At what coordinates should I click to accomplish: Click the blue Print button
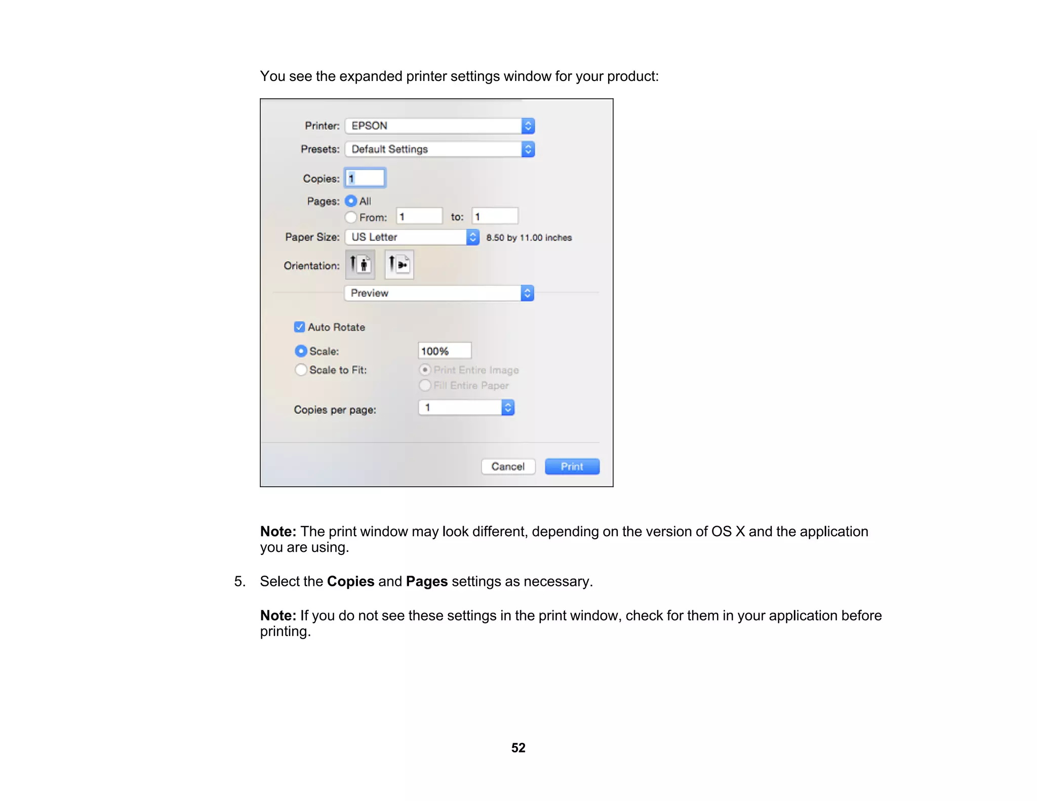(572, 466)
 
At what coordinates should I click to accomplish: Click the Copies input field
(365, 178)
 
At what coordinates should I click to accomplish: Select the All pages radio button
(351, 201)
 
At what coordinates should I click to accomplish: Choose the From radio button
(351, 217)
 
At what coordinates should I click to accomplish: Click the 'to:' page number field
(495, 216)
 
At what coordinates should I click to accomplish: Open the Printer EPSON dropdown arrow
(528, 126)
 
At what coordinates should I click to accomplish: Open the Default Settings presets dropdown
(440, 149)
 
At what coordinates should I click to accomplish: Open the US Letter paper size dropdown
(412, 237)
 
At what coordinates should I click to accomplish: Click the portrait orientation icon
(360, 264)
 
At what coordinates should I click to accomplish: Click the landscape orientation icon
(399, 264)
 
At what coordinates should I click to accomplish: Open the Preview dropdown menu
(439, 293)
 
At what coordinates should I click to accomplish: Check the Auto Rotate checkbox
(299, 327)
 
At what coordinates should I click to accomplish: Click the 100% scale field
(445, 351)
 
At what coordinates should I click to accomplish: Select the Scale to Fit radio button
(301, 370)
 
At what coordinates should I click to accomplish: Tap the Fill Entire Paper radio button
(425, 385)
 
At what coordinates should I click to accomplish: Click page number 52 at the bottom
(518, 748)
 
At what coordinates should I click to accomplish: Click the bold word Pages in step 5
(426, 581)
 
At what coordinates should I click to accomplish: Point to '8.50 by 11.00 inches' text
(529, 237)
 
